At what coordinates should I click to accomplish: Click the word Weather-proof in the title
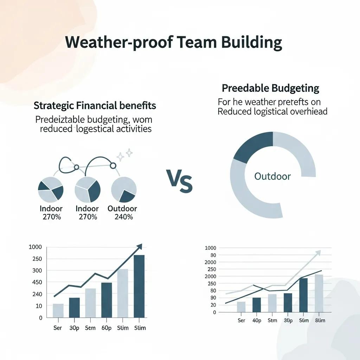[119, 42]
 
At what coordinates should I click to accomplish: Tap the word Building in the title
[251, 42]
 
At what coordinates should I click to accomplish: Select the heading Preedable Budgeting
[270, 88]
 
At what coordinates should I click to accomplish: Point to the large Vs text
[179, 181]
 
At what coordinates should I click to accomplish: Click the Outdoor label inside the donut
[272, 176]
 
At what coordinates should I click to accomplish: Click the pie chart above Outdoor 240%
[124, 189]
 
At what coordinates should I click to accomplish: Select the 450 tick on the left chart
[37, 282]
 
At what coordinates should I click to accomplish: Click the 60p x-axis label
[106, 328]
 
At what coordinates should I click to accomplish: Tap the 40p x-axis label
[257, 320]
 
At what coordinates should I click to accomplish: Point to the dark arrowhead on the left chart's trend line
[139, 246]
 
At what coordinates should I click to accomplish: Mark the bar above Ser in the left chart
[58, 310]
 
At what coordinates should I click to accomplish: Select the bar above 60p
[107, 300]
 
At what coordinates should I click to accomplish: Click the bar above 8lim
[319, 293]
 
